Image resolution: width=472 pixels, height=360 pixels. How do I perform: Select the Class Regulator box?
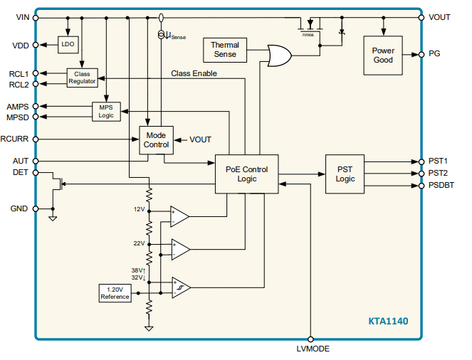point(83,78)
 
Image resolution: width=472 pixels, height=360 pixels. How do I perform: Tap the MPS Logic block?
point(106,110)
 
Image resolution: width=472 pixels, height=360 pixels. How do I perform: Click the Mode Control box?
point(156,139)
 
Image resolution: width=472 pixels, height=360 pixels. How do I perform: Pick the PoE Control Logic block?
point(247,174)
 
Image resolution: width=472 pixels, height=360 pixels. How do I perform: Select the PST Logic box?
point(345,174)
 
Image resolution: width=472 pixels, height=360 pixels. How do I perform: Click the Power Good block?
point(383,55)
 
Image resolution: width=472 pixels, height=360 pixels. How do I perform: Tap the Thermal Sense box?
point(225,50)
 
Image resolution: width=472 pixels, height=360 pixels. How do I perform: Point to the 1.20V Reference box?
point(115,293)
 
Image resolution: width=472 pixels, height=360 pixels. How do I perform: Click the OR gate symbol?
point(278,55)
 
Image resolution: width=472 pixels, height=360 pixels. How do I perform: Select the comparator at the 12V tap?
point(179,216)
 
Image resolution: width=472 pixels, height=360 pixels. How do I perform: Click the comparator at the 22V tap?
point(179,249)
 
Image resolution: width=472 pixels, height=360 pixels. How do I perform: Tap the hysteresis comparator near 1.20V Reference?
point(179,287)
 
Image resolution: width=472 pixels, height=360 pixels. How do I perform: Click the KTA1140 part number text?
point(388,321)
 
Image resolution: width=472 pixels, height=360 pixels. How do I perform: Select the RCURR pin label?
point(15,139)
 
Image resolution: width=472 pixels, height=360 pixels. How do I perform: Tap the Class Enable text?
point(194,73)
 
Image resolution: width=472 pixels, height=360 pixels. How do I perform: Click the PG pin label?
point(434,53)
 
